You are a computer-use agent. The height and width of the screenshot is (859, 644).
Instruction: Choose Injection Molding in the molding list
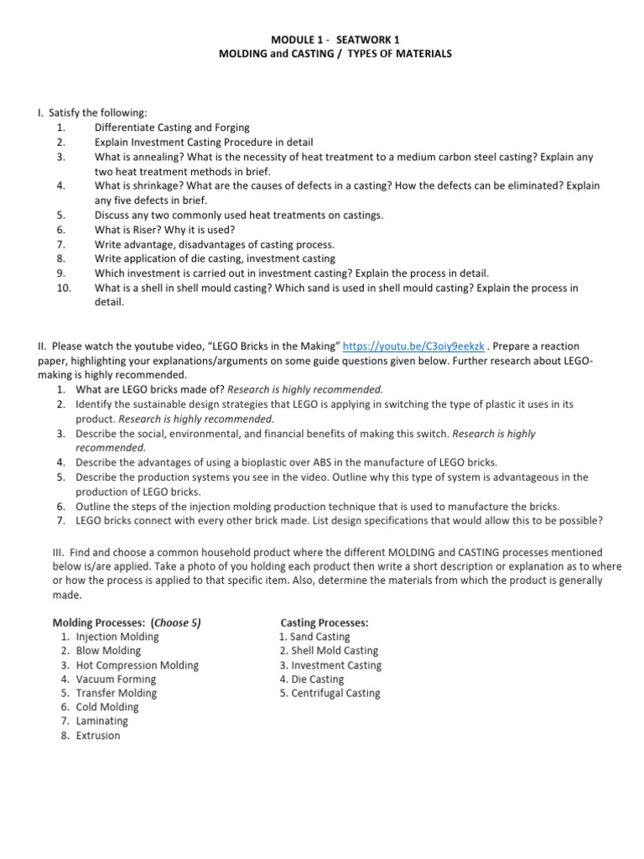click(117, 637)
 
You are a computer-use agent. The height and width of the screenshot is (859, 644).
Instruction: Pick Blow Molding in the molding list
click(108, 651)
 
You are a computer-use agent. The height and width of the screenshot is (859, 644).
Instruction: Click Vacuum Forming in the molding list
click(116, 679)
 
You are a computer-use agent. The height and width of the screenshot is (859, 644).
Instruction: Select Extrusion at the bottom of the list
click(98, 736)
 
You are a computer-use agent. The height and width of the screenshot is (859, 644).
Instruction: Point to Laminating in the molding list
click(101, 721)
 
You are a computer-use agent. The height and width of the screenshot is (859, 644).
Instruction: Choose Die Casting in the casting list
click(316, 679)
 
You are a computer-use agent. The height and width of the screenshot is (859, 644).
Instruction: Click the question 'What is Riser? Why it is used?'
click(164, 229)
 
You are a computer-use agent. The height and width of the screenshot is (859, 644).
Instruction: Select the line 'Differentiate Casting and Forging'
click(172, 128)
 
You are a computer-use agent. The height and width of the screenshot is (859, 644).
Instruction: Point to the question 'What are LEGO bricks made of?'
click(150, 389)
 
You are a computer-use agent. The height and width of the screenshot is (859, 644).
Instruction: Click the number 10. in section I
click(61, 288)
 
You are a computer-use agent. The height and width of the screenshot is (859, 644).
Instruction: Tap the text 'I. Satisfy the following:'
click(92, 112)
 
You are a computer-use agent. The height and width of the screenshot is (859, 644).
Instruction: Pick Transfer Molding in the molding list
click(116, 694)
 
